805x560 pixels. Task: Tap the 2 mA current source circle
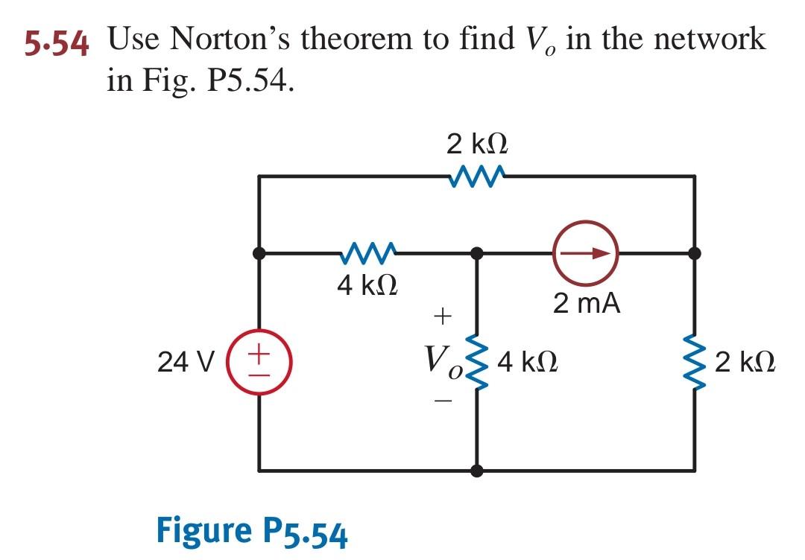tap(586, 253)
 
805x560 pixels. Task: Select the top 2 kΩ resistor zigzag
tap(478, 176)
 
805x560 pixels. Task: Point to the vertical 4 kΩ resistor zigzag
tap(477, 363)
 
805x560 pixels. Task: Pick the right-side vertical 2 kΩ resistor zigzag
tap(695, 363)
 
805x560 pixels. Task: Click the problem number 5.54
tap(57, 43)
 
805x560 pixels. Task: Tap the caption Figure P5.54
tap(252, 530)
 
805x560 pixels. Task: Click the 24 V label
tap(186, 363)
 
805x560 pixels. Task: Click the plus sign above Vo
tap(443, 317)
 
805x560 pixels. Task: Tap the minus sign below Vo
tap(443, 402)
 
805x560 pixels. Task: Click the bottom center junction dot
tap(477, 471)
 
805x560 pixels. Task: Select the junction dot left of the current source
tap(477, 253)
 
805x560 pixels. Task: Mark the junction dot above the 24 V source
tap(259, 253)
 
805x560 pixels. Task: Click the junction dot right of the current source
tap(695, 253)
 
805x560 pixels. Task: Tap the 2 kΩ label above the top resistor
tap(478, 143)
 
